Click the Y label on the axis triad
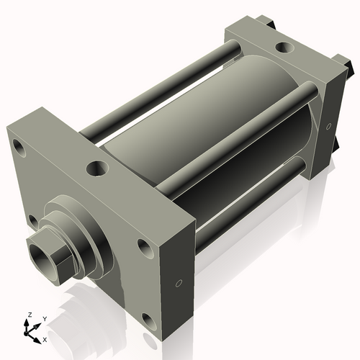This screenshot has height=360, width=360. pyautogui.click(x=44, y=318)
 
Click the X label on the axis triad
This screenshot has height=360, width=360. pyautogui.click(x=45, y=338)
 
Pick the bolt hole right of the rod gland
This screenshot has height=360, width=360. pyautogui.click(x=144, y=248)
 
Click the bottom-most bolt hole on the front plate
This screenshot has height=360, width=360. pyautogui.click(x=148, y=318)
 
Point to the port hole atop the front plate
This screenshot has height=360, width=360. pyautogui.click(x=96, y=168)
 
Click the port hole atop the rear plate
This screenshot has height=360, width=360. pyautogui.click(x=285, y=48)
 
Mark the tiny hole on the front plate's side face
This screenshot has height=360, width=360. pyautogui.click(x=177, y=283)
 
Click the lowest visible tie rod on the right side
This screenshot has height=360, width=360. pyautogui.click(x=252, y=209)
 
